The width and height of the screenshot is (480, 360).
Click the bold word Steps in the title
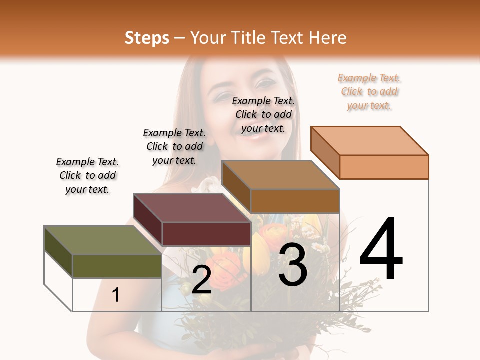[x=147, y=38]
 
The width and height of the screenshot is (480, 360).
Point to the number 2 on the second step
[x=201, y=280]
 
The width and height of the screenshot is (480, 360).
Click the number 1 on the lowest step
[x=115, y=295]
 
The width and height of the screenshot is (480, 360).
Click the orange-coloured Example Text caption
[x=369, y=92]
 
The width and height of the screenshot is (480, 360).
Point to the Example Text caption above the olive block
[x=87, y=175]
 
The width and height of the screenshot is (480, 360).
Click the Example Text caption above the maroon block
[x=174, y=146]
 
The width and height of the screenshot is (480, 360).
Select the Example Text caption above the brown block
[x=263, y=114]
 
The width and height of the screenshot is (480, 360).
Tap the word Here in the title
[x=328, y=38]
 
